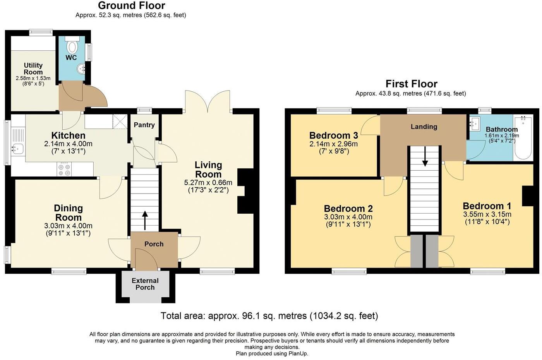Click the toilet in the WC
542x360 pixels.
pos(72,46)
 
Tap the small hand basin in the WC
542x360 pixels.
pos(82,69)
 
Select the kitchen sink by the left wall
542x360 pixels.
pos(17,147)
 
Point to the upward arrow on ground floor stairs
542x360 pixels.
pos(145,219)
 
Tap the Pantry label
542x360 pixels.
pos(144,125)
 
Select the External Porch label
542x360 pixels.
pos(145,284)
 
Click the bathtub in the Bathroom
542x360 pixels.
pos(523,137)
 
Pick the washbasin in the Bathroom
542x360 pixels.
pos(474,124)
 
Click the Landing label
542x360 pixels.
pos(424,127)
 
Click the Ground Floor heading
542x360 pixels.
pos(131,6)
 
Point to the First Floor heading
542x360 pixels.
pos(411,84)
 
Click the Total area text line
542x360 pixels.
pos(269,316)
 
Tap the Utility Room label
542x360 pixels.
pos(33,69)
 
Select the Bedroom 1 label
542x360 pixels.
pos(487,206)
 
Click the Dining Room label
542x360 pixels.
pos(68,213)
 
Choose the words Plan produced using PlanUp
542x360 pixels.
pos(272,353)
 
